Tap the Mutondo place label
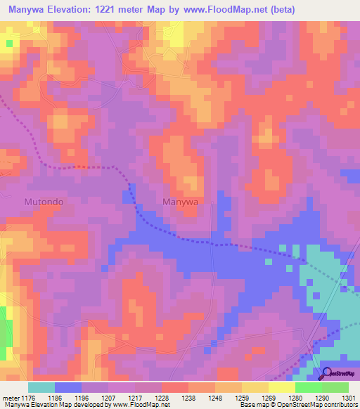pos(44,202)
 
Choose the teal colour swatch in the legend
pos(41,387)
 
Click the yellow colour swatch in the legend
pos(282,387)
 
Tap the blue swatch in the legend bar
pos(68,387)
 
